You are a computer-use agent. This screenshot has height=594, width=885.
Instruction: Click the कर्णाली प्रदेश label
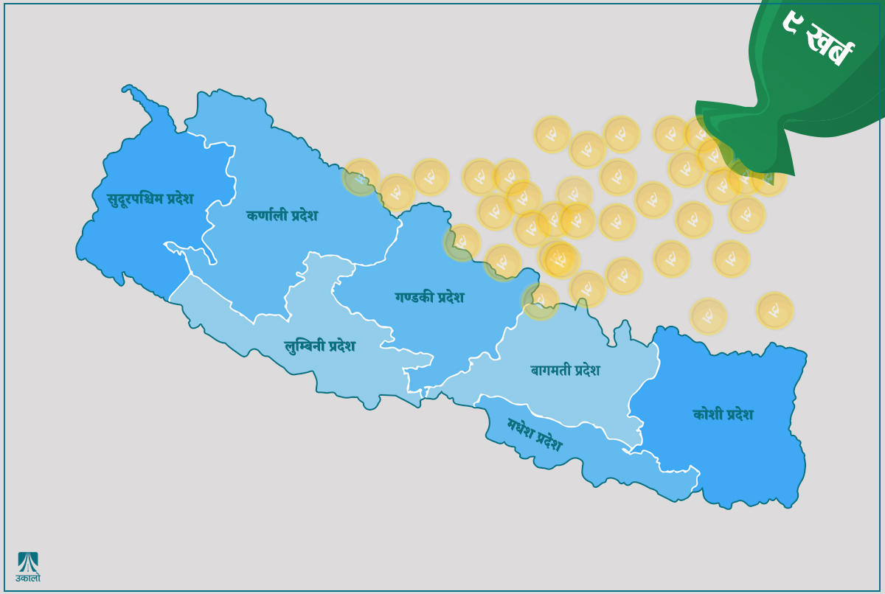point(282,215)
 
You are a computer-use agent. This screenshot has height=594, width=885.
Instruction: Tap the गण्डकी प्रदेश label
point(429,297)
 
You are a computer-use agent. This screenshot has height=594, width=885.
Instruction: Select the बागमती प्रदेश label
point(565,370)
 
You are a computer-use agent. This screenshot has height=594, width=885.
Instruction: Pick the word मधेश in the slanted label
point(521,427)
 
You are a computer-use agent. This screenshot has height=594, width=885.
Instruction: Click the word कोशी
point(707,414)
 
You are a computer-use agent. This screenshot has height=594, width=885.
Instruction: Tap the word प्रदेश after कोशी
point(740,414)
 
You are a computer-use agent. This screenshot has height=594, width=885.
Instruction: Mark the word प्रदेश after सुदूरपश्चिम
point(180,198)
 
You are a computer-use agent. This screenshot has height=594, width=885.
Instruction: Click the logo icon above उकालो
point(28,562)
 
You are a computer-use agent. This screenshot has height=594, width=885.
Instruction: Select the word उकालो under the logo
point(28,579)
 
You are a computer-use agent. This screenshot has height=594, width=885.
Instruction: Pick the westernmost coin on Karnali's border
point(361,178)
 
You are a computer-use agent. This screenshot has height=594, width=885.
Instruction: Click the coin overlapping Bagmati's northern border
point(540,301)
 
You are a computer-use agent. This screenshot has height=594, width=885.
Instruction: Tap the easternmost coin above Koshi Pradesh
point(774,310)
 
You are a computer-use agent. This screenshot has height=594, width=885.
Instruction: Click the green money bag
point(796,88)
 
